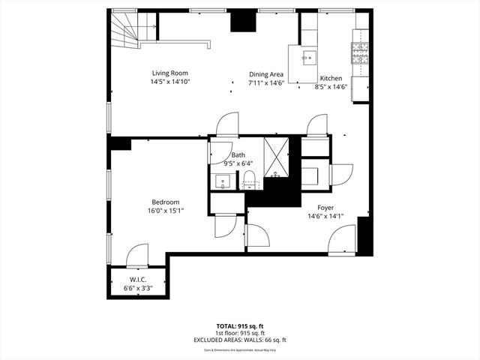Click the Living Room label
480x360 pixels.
tap(170, 73)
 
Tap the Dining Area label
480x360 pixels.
tap(265, 74)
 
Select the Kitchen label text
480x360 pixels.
tap(331, 78)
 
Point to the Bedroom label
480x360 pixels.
tap(165, 202)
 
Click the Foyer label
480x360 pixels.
tap(325, 208)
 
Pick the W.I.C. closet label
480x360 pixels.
tap(137, 279)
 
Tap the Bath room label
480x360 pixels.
tap(238, 154)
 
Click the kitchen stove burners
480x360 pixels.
tap(361, 50)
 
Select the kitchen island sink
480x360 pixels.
tap(308, 55)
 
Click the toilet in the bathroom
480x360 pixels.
tap(250, 180)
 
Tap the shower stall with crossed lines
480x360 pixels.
tap(276, 154)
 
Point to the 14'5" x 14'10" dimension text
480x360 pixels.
tap(170, 82)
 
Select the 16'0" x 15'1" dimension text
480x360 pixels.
tap(165, 211)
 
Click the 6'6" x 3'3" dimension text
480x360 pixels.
tap(137, 287)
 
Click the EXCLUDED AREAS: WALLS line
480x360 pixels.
tap(239, 340)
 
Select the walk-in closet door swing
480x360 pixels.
tap(137, 256)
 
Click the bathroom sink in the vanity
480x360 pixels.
tap(223, 181)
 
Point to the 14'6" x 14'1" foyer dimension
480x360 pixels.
tap(325, 217)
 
